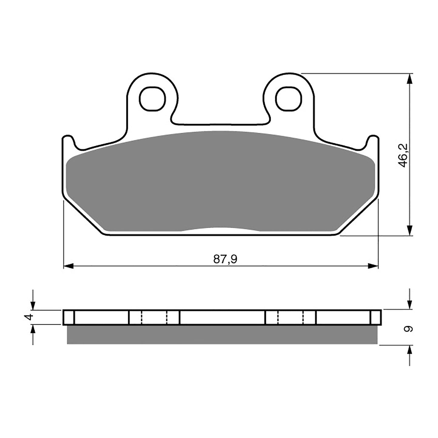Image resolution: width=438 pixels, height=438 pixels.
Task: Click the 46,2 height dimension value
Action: click(x=403, y=155)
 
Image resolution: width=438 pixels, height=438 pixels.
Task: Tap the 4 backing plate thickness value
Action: click(x=29, y=317)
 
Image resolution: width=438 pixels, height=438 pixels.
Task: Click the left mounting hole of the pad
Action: click(x=153, y=99)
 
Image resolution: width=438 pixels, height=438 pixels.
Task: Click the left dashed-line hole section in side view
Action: click(x=154, y=317)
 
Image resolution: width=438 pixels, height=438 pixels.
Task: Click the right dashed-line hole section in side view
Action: click(x=290, y=317)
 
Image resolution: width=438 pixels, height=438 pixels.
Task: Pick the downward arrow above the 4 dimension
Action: click(x=32, y=303)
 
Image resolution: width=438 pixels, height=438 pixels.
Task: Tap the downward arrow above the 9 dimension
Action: click(x=410, y=303)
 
